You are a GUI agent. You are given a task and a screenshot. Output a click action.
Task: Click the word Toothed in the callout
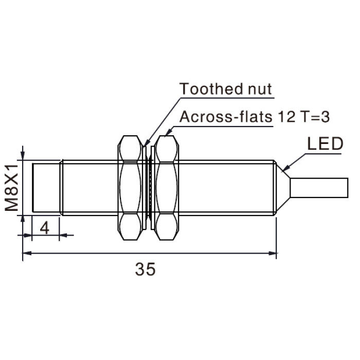coord(210,88)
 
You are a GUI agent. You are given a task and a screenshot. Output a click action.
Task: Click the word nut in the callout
coord(260,89)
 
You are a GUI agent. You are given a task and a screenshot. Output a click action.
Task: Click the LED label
coord(325,143)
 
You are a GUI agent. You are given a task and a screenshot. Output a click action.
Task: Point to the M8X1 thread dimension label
coord(11,188)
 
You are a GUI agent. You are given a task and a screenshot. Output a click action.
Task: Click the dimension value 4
coord(45,228)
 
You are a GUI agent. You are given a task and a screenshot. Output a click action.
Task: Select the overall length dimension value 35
coord(145,269)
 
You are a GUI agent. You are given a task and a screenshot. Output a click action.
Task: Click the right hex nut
coord(166,188)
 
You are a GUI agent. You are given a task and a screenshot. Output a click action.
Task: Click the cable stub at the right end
coord(319,188)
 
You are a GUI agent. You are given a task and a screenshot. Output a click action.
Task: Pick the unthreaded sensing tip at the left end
coord(46,188)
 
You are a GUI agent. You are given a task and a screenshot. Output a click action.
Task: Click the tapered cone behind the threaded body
coord(283,188)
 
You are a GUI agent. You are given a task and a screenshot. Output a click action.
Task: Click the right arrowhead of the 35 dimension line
coord(272,253)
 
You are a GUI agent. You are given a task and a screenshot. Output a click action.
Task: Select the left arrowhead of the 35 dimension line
coord(27,253)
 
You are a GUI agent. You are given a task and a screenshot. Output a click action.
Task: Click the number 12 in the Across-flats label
coord(286,117)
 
